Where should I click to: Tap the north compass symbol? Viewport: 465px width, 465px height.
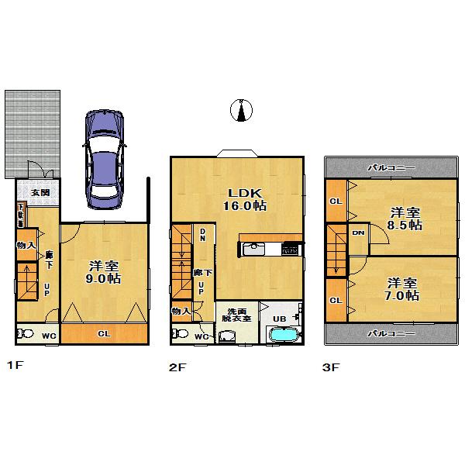[243, 112]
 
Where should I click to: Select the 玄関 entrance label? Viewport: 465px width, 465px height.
[40, 193]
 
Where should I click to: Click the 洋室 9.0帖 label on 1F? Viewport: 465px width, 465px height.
[102, 267]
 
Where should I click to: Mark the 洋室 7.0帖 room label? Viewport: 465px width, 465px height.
[404, 289]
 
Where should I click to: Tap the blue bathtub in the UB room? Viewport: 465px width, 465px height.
[285, 336]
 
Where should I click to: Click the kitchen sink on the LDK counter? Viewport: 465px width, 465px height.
[254, 250]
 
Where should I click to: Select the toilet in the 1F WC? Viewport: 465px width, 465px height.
[25, 335]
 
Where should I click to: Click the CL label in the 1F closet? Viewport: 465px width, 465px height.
[103, 335]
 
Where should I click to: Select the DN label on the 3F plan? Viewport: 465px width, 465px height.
[359, 232]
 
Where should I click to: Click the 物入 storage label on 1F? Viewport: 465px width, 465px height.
[26, 245]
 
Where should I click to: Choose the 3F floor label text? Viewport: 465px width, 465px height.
[332, 367]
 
